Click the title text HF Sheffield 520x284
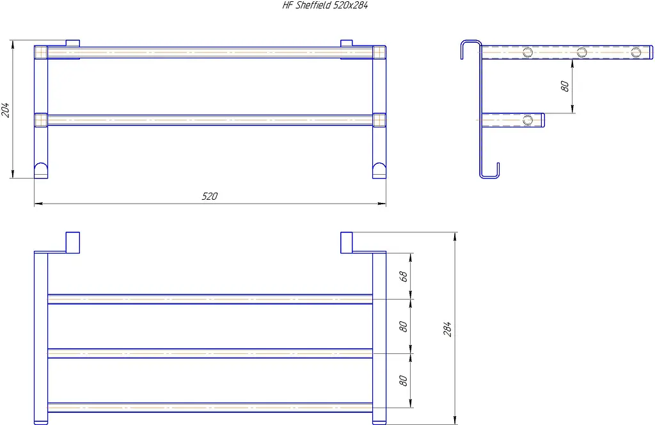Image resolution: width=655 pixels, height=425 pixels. (325, 5)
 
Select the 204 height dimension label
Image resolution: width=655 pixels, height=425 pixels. (5, 109)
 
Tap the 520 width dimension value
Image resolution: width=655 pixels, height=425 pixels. (210, 196)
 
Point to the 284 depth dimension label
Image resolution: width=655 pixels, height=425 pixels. (447, 329)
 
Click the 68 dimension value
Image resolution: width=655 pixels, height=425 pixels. (403, 277)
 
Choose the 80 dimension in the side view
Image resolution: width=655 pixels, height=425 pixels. (564, 86)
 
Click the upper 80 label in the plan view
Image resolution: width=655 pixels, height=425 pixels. (403, 326)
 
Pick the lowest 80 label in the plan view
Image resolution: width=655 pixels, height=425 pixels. (403, 381)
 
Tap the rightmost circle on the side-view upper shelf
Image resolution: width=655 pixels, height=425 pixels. (636, 52)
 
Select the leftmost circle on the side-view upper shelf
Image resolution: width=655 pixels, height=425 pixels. (528, 52)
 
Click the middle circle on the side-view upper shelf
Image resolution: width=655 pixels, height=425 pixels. (582, 52)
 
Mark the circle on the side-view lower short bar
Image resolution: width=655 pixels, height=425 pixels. (528, 120)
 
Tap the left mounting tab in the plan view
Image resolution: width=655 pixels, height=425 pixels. (73, 243)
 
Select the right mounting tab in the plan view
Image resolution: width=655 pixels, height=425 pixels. (346, 243)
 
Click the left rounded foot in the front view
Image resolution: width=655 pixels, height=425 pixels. (41, 170)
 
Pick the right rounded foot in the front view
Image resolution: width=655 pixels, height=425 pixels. (379, 170)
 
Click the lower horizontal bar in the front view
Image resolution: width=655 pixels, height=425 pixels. (210, 120)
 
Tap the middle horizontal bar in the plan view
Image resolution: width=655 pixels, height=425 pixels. (210, 353)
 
